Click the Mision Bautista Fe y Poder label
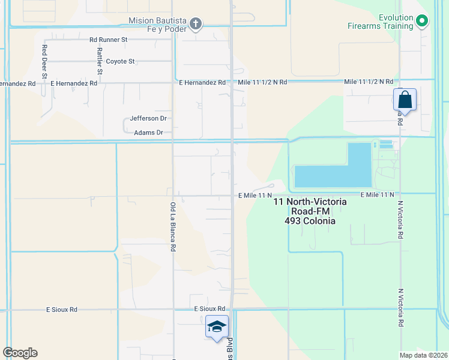click(157, 25)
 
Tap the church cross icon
click(195, 24)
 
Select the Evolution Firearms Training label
click(381, 22)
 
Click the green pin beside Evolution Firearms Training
click(422, 22)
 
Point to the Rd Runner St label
click(109, 40)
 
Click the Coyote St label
click(121, 61)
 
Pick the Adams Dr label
click(148, 133)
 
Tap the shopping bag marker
click(405, 100)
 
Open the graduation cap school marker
click(217, 326)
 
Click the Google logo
click(20, 353)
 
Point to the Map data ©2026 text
click(423, 355)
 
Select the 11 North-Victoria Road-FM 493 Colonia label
click(310, 211)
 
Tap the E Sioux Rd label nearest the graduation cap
click(209, 308)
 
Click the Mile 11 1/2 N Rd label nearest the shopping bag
click(369, 82)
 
